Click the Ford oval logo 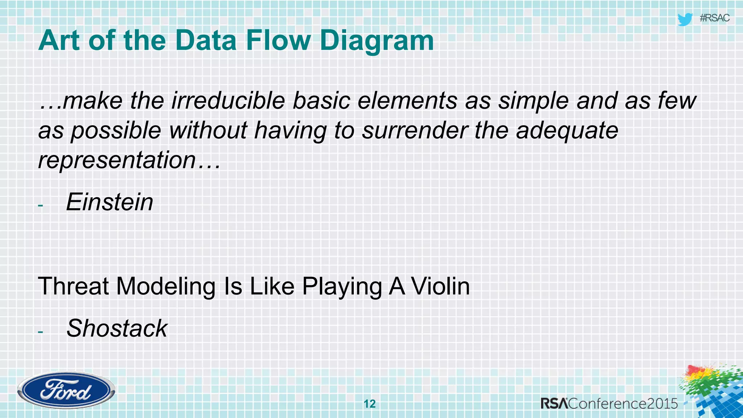click(x=66, y=391)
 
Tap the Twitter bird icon click(x=685, y=19)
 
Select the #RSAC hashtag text click(x=714, y=18)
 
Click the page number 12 click(x=370, y=404)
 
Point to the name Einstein click(x=110, y=202)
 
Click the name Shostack click(x=117, y=328)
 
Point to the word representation click(x=117, y=160)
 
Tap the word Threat click(x=73, y=286)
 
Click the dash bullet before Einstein click(x=40, y=206)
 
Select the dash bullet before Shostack click(x=40, y=332)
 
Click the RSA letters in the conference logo click(x=554, y=403)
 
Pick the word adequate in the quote click(x=567, y=130)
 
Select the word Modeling click(x=166, y=286)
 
